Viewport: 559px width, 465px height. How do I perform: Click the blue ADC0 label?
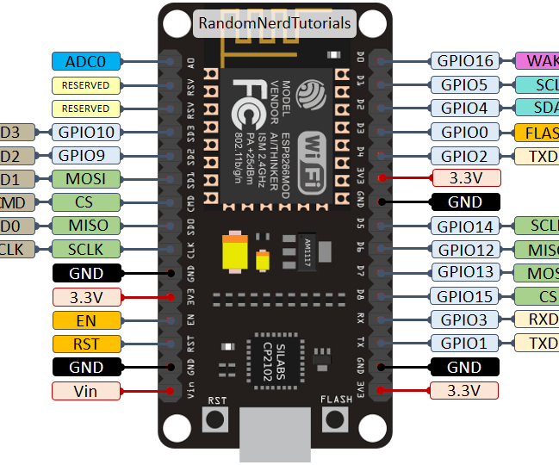coord(86,61)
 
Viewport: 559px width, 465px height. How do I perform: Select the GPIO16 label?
coord(464,61)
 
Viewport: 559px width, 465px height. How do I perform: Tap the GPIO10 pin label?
coord(86,133)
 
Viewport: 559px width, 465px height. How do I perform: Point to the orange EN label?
coord(86,320)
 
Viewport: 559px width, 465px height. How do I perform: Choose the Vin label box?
coord(86,391)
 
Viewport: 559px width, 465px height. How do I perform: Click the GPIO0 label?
coord(464,133)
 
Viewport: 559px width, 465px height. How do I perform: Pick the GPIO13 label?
coord(464,273)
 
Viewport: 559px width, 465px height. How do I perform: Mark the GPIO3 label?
coord(464,320)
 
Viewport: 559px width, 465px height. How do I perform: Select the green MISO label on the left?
coord(86,226)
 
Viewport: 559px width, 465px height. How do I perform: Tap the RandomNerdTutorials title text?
coord(275,23)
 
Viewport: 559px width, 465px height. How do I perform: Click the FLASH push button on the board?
coord(334,420)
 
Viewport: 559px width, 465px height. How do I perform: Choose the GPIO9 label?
coord(86,156)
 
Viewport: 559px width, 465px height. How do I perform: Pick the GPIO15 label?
coord(464,296)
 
